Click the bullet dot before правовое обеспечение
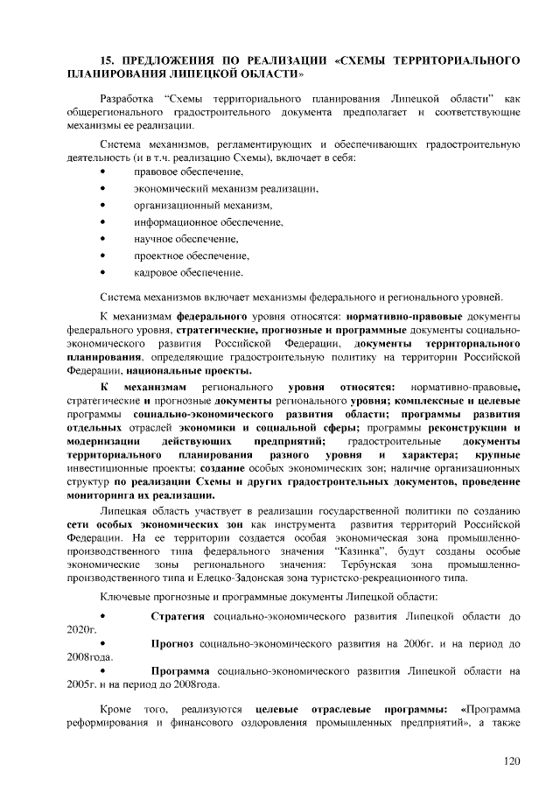[x=104, y=172]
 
